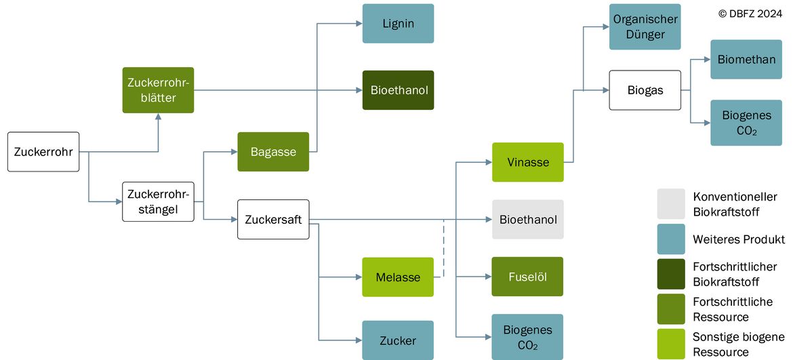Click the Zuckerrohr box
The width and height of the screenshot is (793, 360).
point(43,152)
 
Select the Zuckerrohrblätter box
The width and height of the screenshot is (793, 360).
point(159,90)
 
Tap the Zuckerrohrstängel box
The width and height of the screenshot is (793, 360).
point(159,201)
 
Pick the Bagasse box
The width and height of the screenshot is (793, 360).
point(273,152)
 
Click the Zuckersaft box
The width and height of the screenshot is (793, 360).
point(273,220)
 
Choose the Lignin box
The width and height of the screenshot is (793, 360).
point(398,23)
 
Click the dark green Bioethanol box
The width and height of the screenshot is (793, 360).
point(398,90)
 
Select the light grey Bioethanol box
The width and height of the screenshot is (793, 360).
point(528,220)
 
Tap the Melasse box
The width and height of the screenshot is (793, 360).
point(398,277)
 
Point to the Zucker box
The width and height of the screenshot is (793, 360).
point(398,340)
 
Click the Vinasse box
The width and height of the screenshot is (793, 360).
point(528,162)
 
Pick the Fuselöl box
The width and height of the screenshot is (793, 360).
point(528,277)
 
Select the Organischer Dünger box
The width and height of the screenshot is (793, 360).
point(645,27)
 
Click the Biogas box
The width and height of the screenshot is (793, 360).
point(645,90)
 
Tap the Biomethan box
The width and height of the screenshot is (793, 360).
point(746,59)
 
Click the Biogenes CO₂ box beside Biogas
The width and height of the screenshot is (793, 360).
point(746,122)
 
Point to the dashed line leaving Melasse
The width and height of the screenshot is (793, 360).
point(443,249)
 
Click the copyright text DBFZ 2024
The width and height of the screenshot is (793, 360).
point(750,14)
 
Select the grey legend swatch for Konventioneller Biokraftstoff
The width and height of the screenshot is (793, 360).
point(671,204)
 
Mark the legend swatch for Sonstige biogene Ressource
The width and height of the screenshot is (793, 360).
point(671,344)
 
